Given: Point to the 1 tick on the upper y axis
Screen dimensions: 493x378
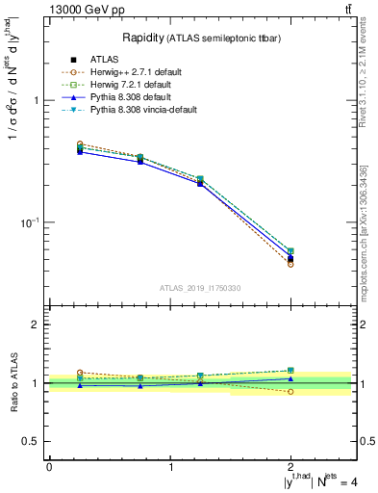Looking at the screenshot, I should click(x=38, y=100).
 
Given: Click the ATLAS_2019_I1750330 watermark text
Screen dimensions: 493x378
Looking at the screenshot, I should click(x=199, y=288).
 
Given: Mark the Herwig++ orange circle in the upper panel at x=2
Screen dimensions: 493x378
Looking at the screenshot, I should click(x=290, y=264).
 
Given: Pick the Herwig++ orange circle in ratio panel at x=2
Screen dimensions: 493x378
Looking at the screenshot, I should click(x=290, y=391).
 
